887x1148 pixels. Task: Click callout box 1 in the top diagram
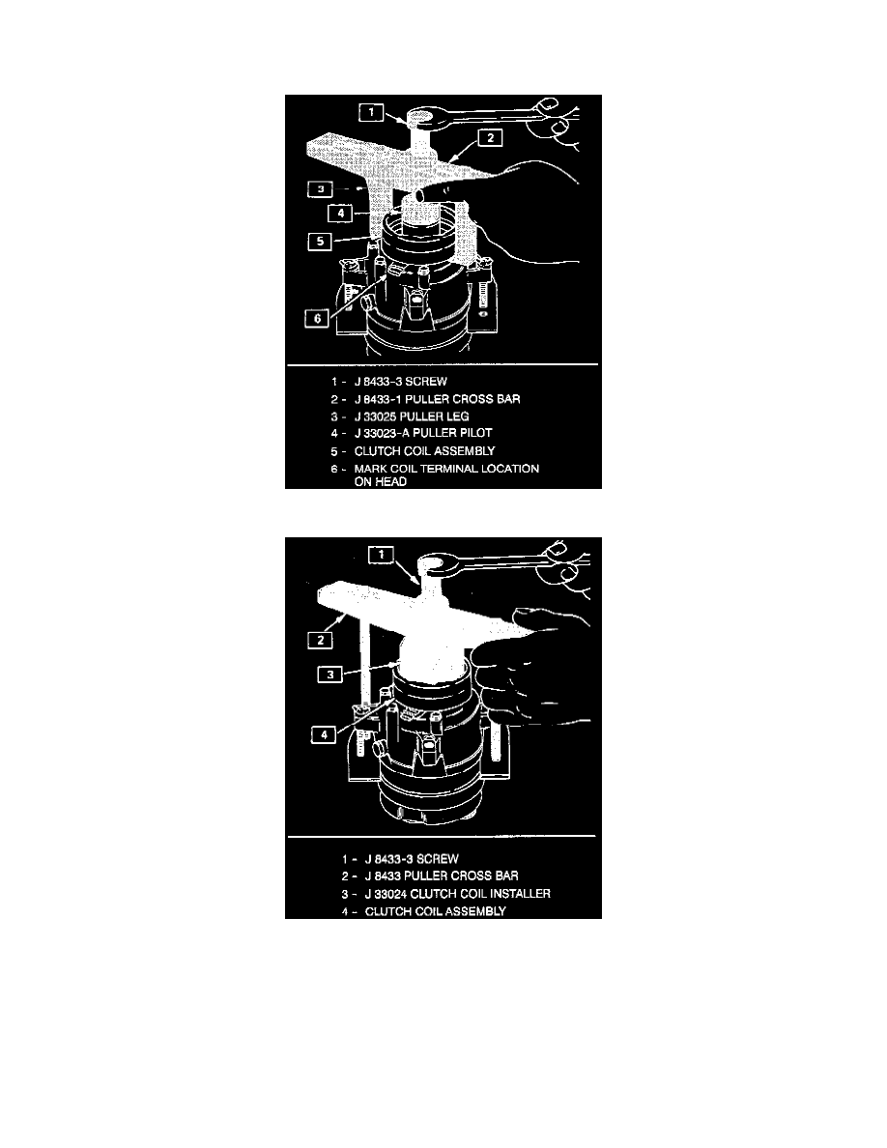click(x=372, y=113)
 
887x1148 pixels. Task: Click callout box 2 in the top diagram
click(x=491, y=137)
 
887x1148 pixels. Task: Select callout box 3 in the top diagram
click(x=320, y=189)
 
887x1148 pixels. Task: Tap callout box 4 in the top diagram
click(x=340, y=213)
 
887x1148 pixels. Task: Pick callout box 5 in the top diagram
click(x=320, y=241)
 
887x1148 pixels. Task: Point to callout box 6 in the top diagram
click(x=317, y=319)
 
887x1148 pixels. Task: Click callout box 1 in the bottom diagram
click(x=382, y=555)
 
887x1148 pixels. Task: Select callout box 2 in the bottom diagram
click(x=321, y=641)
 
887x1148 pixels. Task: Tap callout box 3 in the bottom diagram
click(x=330, y=674)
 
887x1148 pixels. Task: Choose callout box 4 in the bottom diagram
click(x=325, y=733)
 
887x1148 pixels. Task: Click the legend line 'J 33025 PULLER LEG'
click(x=412, y=416)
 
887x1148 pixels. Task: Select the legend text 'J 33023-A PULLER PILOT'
click(x=423, y=434)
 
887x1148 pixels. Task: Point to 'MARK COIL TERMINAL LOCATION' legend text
click(x=446, y=469)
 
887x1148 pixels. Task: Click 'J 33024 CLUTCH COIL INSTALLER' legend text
click(x=457, y=893)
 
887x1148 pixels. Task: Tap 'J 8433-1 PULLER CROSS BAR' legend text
click(x=437, y=399)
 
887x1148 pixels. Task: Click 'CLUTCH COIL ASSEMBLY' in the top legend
click(x=424, y=451)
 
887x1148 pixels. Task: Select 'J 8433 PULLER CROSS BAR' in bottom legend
click(x=442, y=875)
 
